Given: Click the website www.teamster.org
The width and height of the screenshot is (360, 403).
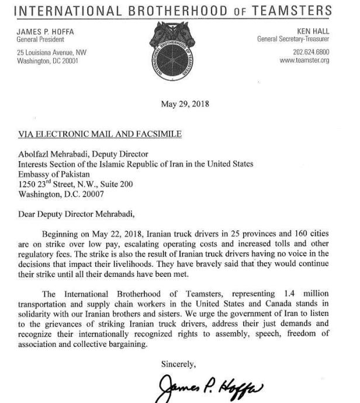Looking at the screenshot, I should tap(304, 60).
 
